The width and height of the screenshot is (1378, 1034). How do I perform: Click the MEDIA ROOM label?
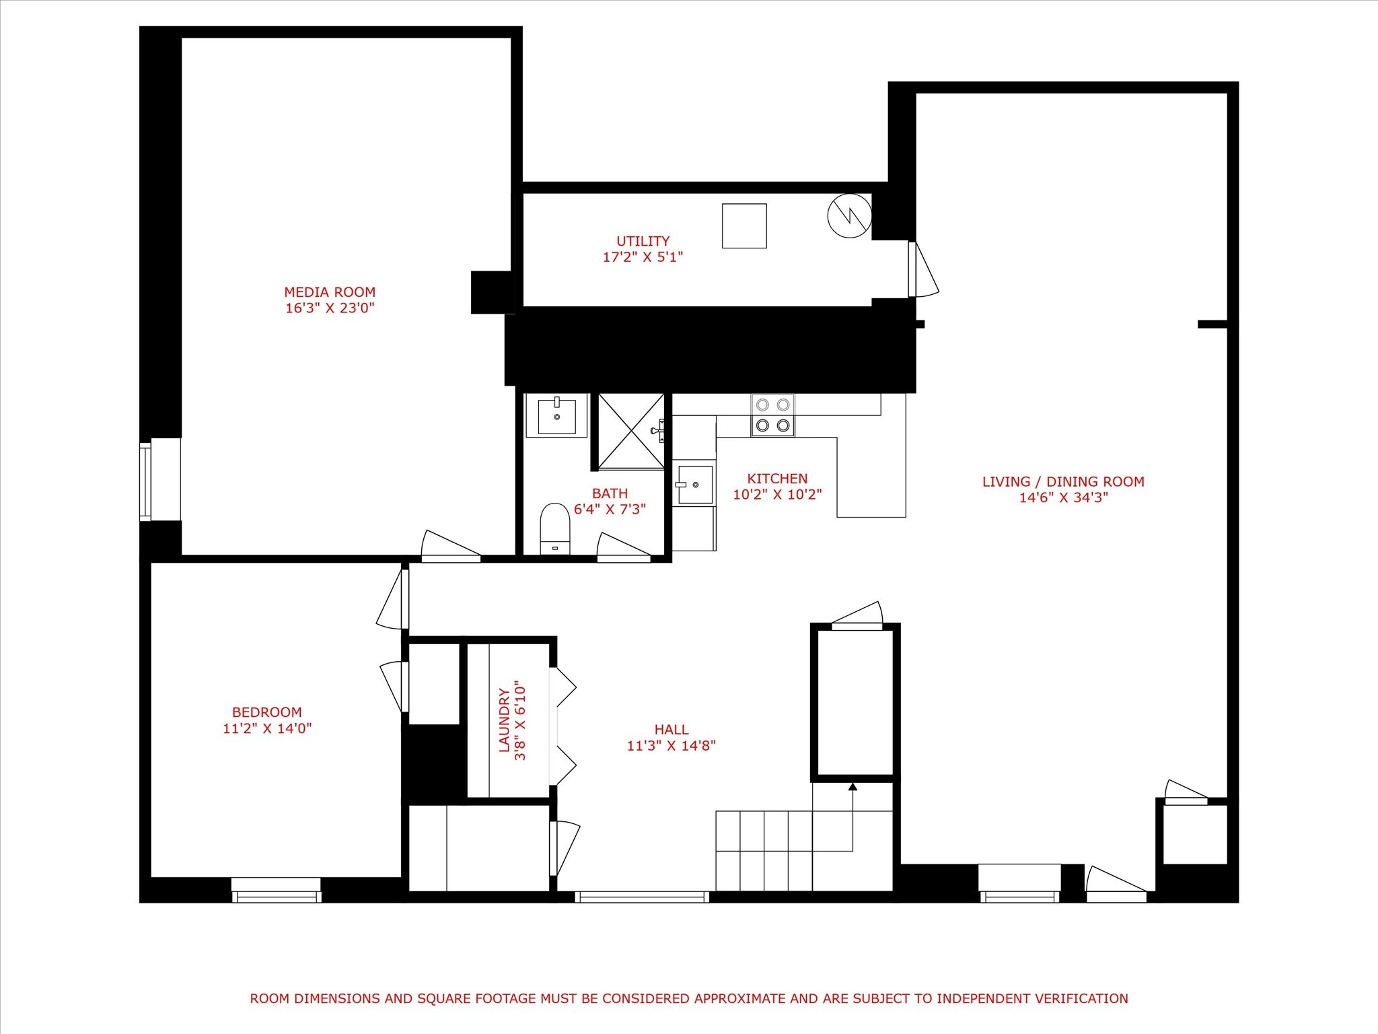[x=330, y=292]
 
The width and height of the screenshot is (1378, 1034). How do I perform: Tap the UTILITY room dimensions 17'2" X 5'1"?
[x=643, y=256]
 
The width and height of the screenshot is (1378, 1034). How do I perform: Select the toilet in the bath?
[x=555, y=528]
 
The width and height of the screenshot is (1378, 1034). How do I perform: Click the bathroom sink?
[x=556, y=416]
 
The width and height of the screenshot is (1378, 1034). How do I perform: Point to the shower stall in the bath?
[x=631, y=432]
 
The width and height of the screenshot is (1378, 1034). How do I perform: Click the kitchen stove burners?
[x=772, y=415]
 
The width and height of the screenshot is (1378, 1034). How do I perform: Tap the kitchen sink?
[x=694, y=483]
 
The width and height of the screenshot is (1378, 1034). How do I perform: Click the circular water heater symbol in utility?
[x=850, y=215]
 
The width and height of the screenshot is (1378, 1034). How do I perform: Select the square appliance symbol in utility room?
[x=744, y=226]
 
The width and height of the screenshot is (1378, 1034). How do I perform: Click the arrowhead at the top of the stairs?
[x=853, y=786]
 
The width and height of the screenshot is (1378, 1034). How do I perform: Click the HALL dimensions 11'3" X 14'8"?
[x=672, y=745]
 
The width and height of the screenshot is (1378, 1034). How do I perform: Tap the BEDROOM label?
[x=267, y=712]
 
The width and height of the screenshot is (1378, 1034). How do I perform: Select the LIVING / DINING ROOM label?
[x=1063, y=481]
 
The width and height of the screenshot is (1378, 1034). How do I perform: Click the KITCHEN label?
[x=777, y=479]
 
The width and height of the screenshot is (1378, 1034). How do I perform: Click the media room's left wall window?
[x=145, y=481]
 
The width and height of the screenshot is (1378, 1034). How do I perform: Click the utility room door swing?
[x=923, y=269]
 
